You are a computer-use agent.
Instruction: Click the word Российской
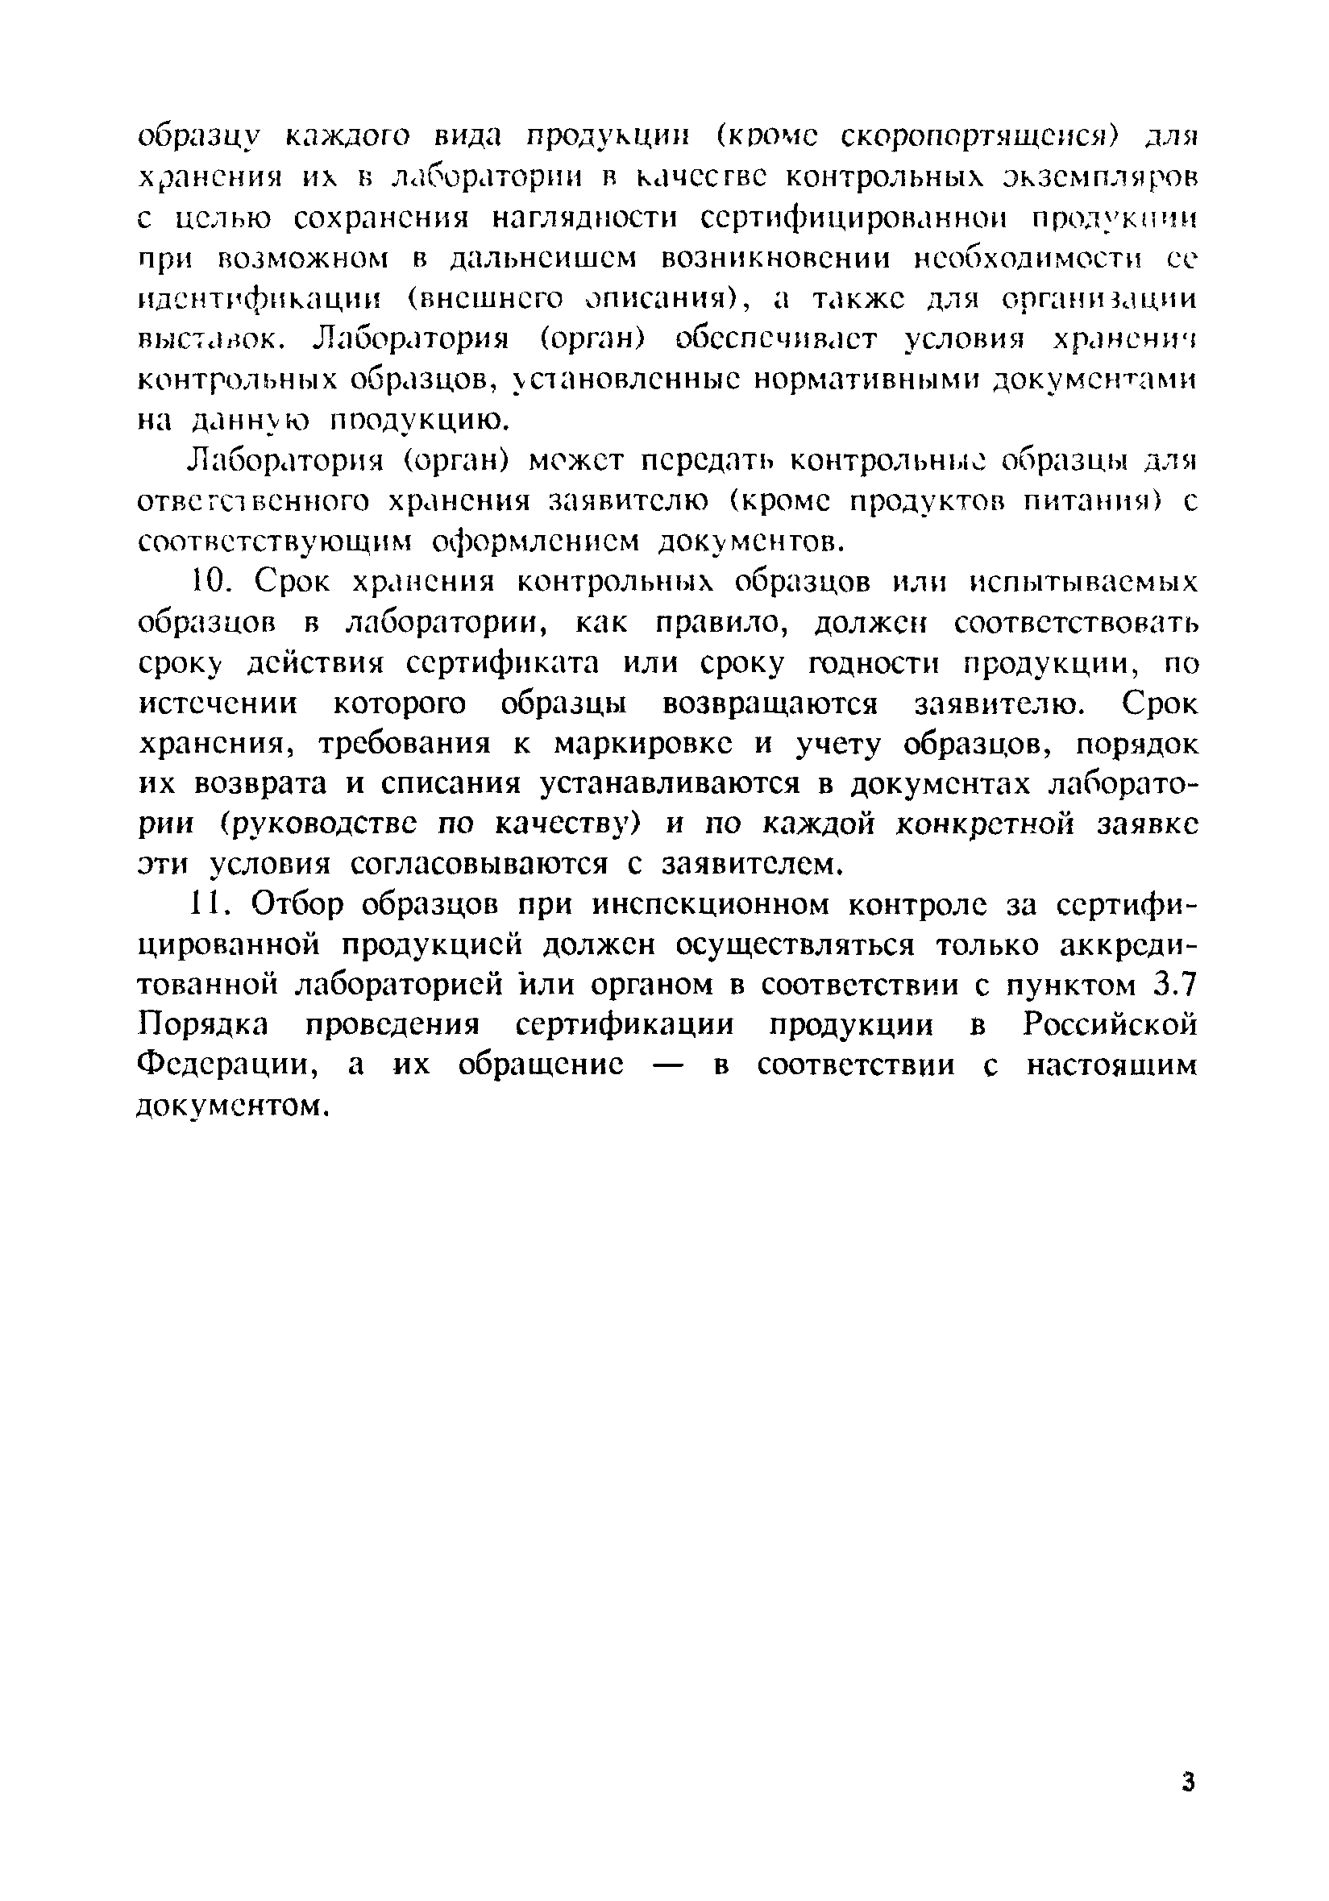pos(1110,1025)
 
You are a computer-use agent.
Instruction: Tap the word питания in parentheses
pos(1085,502)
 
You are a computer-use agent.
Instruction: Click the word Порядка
pos(203,1025)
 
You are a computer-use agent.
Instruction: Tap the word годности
pos(862,663)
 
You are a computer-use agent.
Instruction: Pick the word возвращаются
pos(770,704)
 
